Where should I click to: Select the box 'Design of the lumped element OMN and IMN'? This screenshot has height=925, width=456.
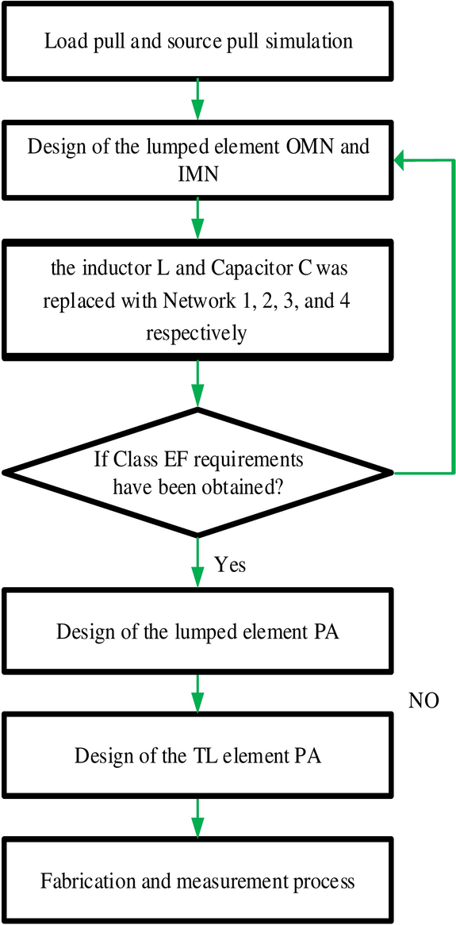tap(198, 159)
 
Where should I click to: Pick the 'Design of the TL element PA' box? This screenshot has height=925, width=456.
tap(198, 754)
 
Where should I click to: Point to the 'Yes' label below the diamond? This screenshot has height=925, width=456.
tap(230, 565)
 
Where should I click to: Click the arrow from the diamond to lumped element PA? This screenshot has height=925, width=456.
tap(198, 563)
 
